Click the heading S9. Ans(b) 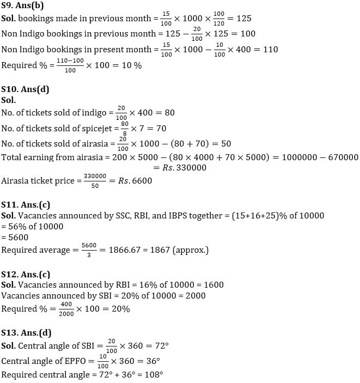click(x=23, y=5)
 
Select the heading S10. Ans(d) click(x=26, y=89)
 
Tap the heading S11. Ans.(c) click(x=26, y=204)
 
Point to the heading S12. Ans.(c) click(x=26, y=273)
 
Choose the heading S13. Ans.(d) click(x=27, y=332)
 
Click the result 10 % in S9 click(x=131, y=65)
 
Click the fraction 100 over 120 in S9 click(x=220, y=19)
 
